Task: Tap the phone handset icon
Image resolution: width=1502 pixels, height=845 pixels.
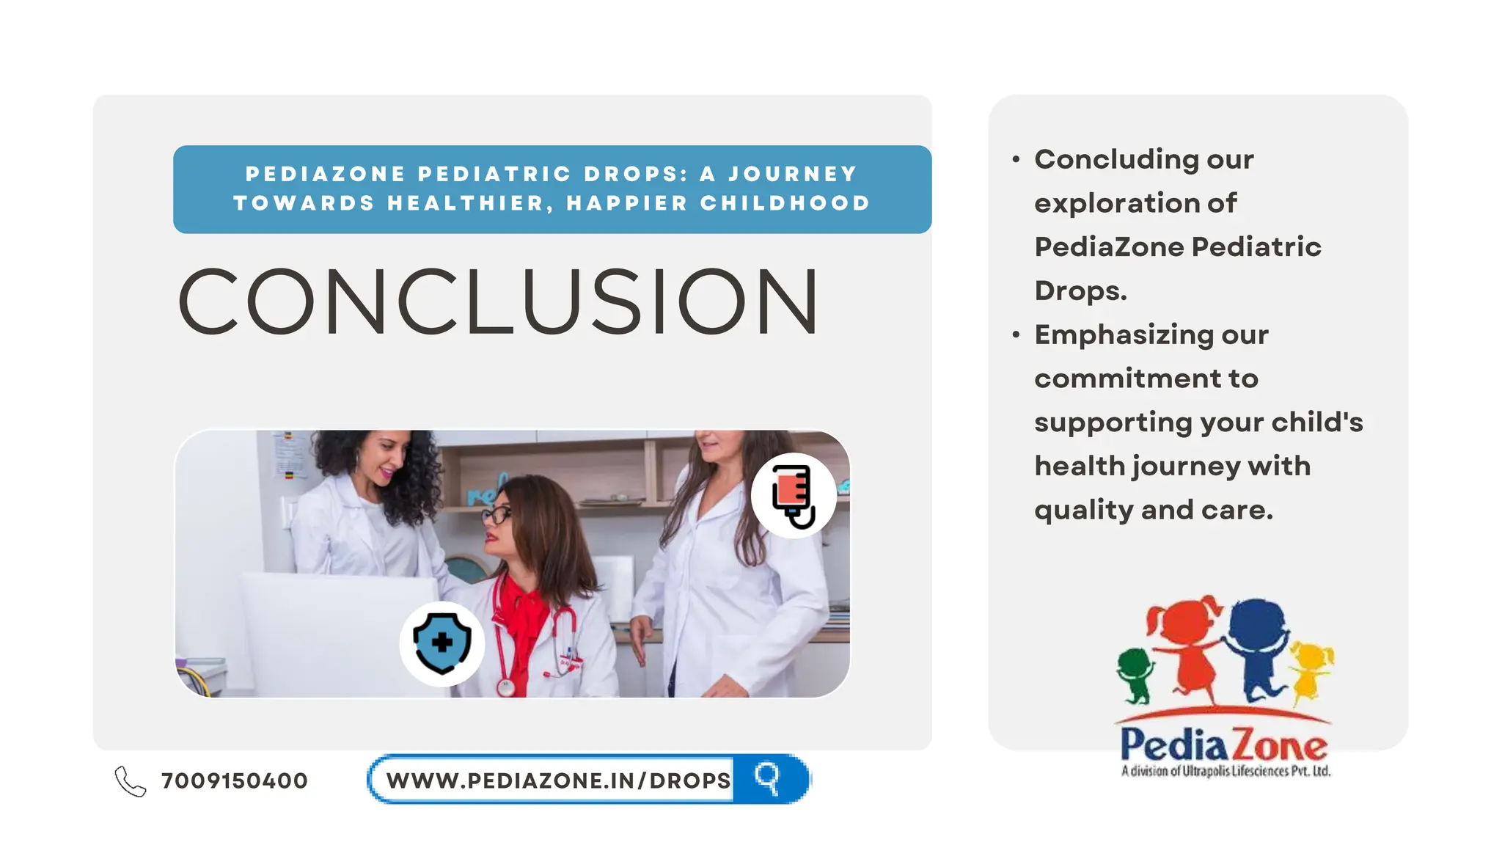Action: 130,781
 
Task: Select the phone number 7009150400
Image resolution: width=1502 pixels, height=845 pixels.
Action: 234,780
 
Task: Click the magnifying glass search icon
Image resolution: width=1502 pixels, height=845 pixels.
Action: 767,778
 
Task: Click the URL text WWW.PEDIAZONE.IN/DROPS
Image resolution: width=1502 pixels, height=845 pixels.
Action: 558,780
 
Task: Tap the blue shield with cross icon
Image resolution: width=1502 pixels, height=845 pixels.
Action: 442,643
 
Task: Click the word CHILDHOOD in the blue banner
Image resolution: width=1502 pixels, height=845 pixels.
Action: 785,203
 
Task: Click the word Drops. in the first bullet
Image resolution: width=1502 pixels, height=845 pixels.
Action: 1080,290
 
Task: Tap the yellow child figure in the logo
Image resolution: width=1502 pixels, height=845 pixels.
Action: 1312,667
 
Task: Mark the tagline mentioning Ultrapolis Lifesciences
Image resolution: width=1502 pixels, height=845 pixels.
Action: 1226,771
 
